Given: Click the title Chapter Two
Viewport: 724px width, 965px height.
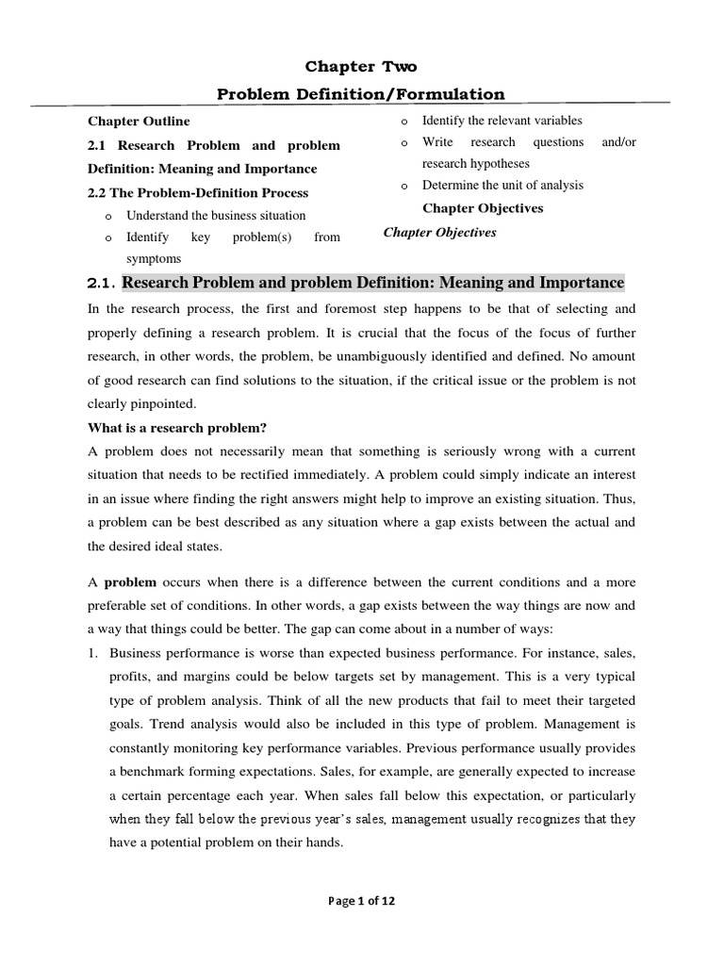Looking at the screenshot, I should (x=361, y=67).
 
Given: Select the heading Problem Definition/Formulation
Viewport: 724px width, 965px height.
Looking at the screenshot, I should (x=361, y=93).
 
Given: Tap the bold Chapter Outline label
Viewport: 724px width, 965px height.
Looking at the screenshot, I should (x=139, y=122).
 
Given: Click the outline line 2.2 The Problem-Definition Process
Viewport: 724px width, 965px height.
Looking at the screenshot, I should (x=198, y=192).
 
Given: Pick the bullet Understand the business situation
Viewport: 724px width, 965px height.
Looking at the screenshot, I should (x=216, y=216).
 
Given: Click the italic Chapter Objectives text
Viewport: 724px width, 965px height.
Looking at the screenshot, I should (x=439, y=233).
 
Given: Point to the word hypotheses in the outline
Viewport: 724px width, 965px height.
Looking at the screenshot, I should (x=506, y=164).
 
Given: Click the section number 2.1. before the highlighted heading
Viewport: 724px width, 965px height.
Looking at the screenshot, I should (x=101, y=284).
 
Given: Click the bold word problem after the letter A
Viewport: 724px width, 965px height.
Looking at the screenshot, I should (x=123, y=582).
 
